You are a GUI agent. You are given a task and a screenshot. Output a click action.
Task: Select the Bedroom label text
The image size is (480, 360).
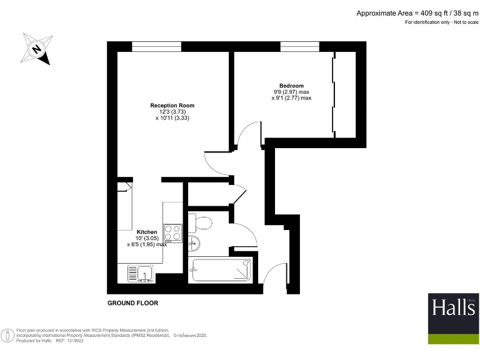pyautogui.click(x=291, y=86)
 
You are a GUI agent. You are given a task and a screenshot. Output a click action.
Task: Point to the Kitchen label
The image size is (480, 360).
pyautogui.click(x=147, y=232)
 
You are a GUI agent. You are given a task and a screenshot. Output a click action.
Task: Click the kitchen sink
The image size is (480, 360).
pyautogui.click(x=141, y=273)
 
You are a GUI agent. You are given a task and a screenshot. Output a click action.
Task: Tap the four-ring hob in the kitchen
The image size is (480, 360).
pyautogui.click(x=172, y=232)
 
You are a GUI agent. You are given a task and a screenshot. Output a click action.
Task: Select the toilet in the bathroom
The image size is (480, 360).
pyautogui.click(x=201, y=222)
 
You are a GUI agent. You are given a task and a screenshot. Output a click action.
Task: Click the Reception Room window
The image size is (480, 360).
pyautogui.click(x=156, y=46)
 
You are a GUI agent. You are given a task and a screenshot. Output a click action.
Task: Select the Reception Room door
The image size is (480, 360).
pyautogui.click(x=219, y=164)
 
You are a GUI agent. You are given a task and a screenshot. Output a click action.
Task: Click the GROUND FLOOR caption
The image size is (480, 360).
pyautogui.click(x=133, y=303)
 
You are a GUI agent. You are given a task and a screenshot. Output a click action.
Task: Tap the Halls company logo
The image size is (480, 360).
pyautogui.click(x=453, y=318)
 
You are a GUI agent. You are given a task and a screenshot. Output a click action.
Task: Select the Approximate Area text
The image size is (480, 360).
pyautogui.click(x=417, y=12)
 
